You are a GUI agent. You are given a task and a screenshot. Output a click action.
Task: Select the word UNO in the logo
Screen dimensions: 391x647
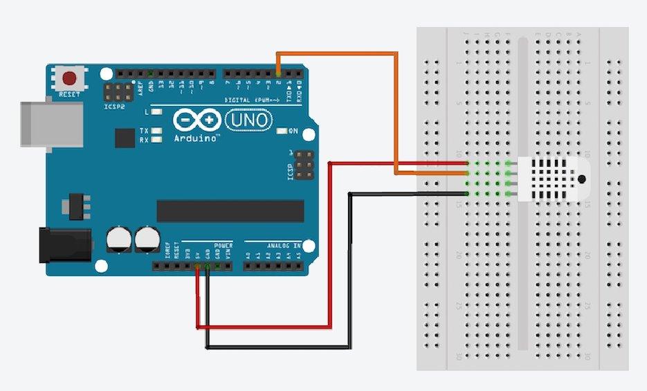click(x=241, y=121)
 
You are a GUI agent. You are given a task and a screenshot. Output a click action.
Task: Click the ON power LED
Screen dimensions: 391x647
click(x=281, y=131)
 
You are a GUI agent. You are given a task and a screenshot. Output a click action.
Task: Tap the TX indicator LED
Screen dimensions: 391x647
click(x=157, y=130)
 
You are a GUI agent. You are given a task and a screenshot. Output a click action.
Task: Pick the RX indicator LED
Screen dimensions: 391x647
click(x=157, y=139)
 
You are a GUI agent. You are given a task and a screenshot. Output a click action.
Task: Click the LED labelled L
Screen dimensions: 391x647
click(x=157, y=111)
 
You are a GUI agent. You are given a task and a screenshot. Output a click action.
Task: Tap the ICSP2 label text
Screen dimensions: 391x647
click(x=113, y=107)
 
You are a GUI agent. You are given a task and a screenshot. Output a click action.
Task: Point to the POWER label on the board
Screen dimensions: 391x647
click(x=224, y=245)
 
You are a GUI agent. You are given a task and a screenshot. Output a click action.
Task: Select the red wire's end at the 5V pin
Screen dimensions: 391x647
click(x=198, y=267)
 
